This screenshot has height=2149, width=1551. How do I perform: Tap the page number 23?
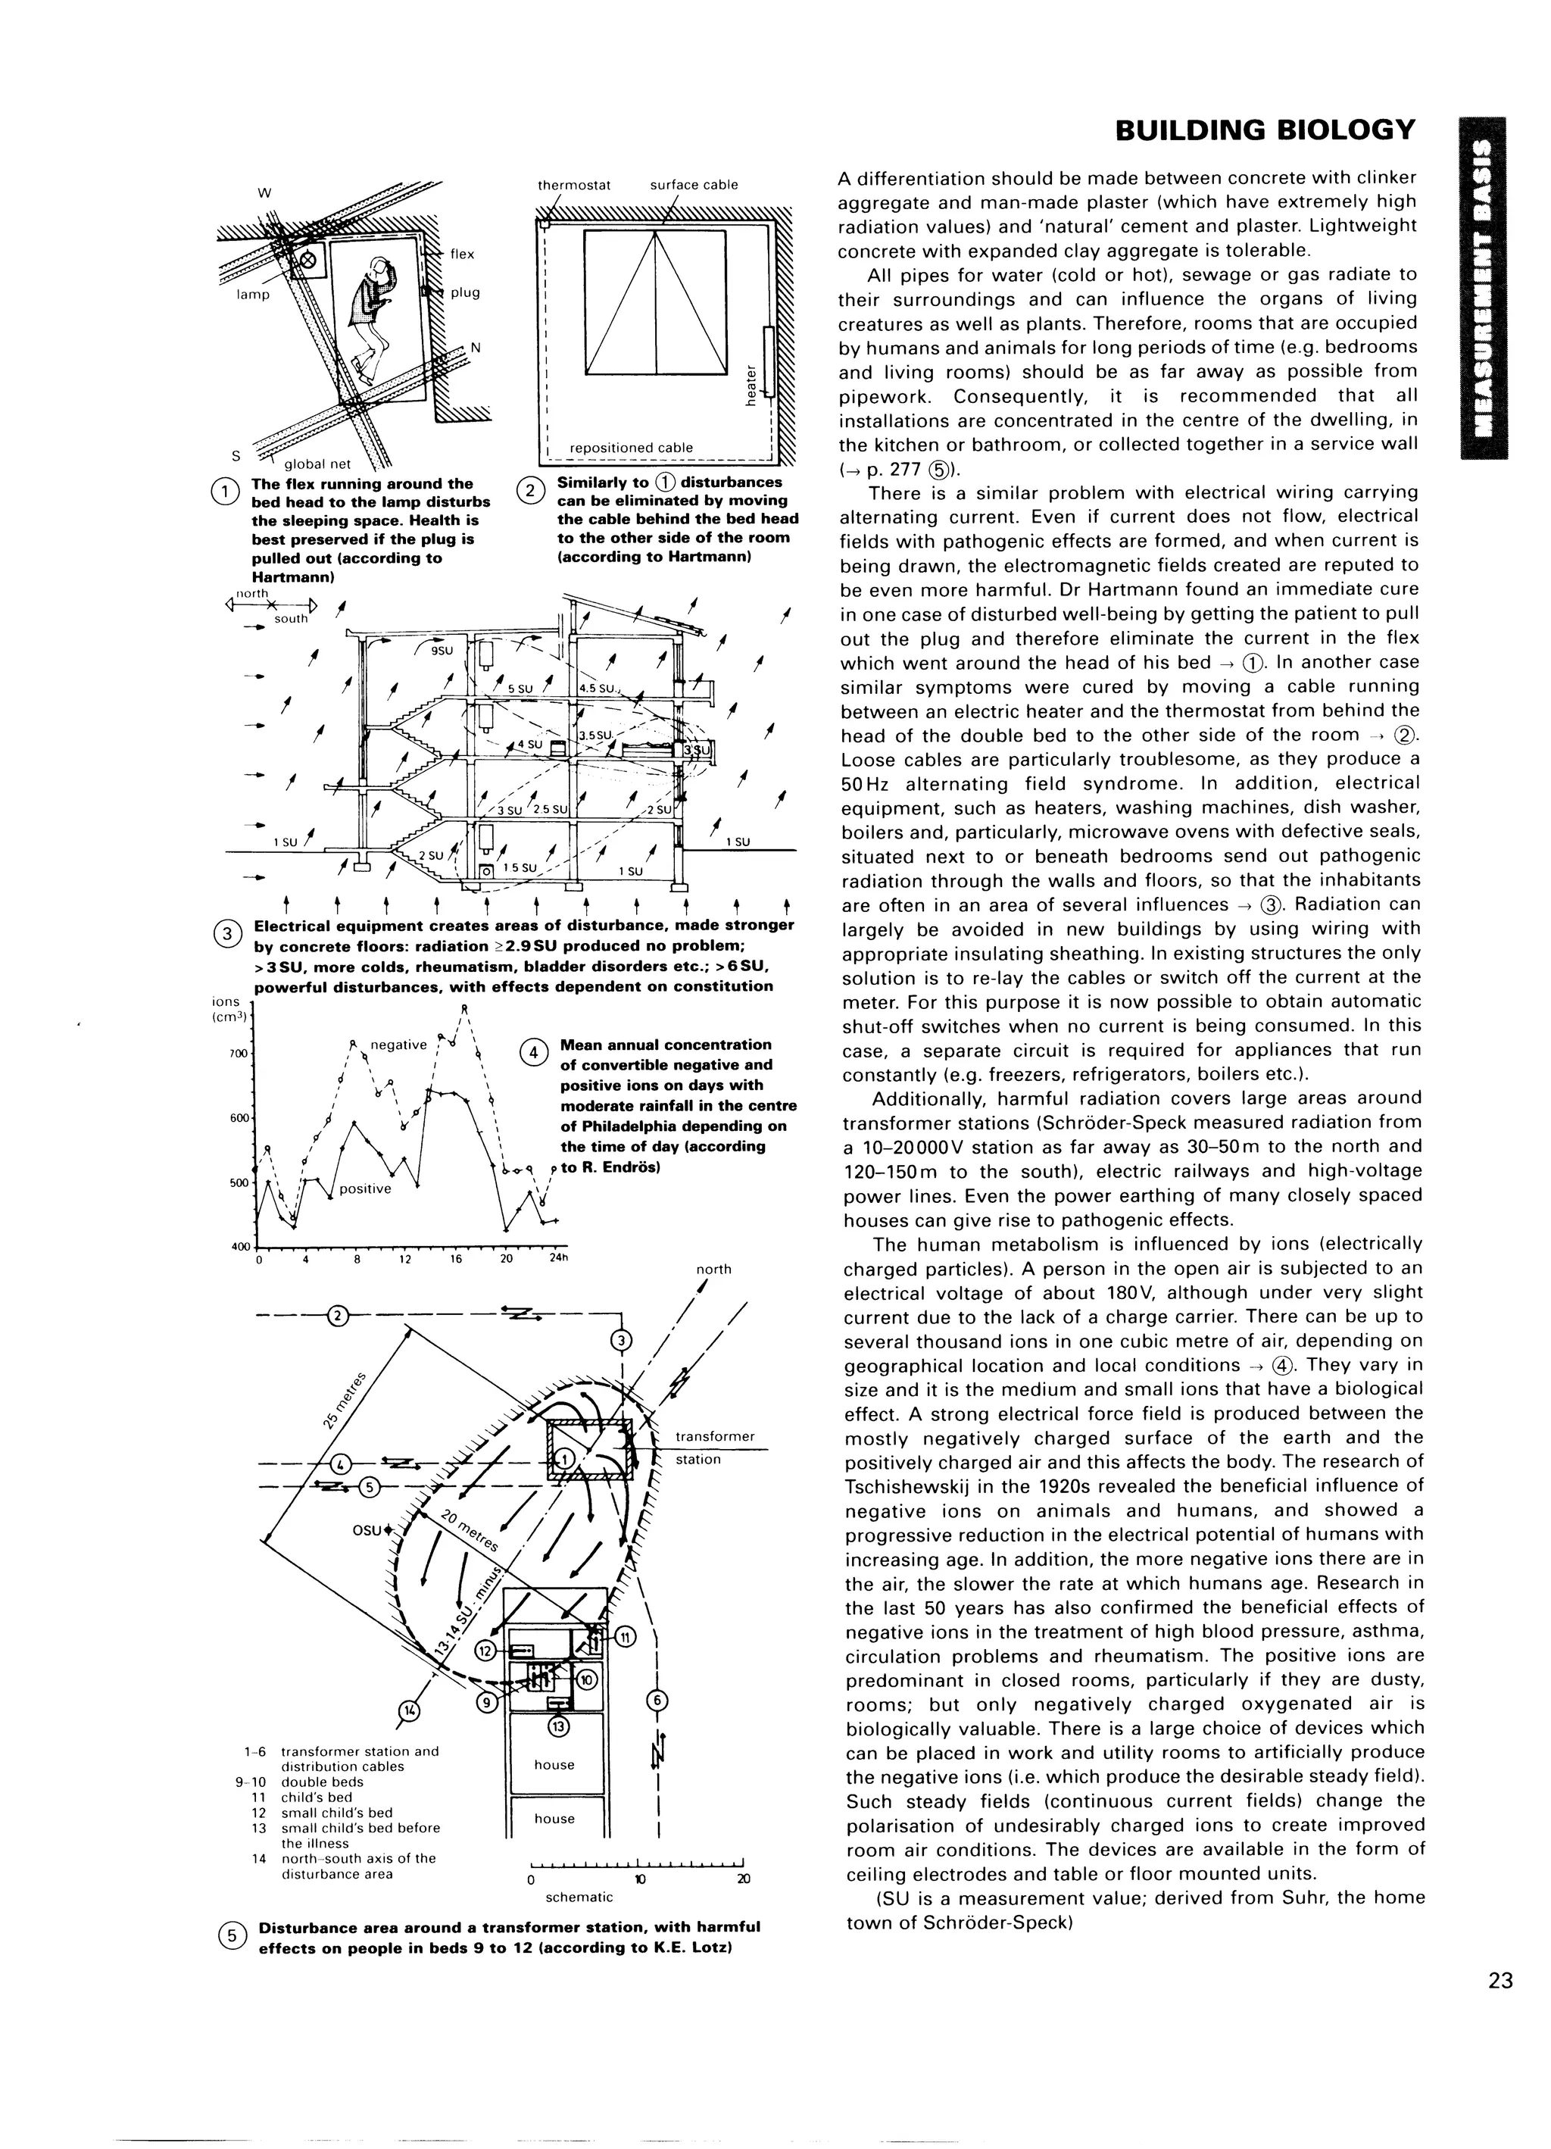pos(1500,1982)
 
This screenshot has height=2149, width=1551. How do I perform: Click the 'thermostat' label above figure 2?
pos(574,185)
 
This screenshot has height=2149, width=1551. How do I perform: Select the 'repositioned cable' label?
pos(630,447)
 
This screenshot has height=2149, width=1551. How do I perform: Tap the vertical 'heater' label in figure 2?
pos(751,388)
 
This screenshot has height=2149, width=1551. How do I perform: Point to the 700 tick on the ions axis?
pos(238,1054)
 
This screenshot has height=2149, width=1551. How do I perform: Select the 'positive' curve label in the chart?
pos(365,1189)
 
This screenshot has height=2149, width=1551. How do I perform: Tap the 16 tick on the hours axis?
pos(456,1259)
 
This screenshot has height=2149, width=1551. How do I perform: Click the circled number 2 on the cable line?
pos(337,1315)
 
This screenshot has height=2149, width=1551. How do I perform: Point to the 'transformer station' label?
pos(713,1447)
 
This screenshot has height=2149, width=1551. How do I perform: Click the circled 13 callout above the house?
pos(558,1726)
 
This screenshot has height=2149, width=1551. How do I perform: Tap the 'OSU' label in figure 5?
pos(366,1530)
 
